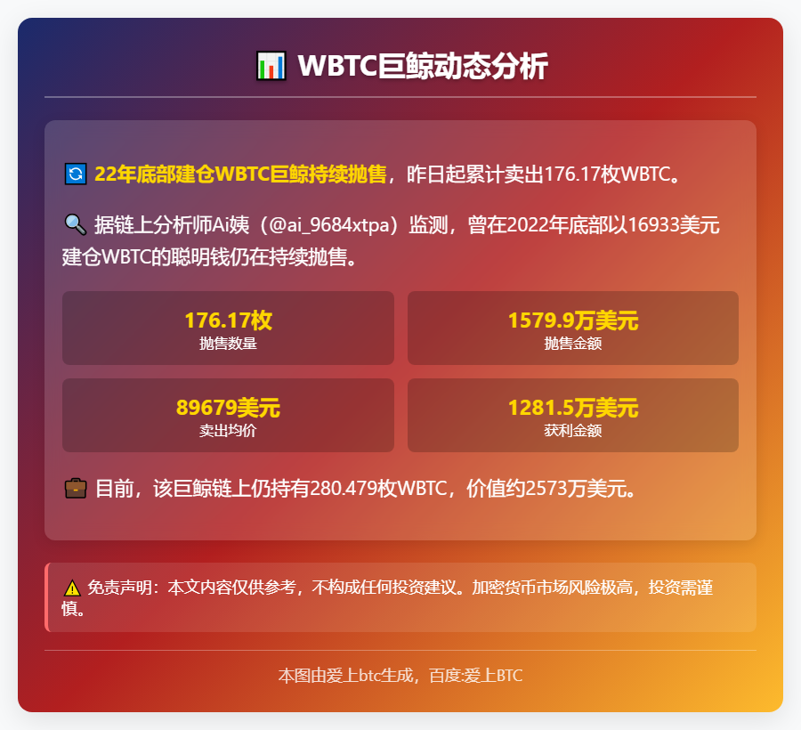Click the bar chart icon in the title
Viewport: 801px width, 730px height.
click(271, 66)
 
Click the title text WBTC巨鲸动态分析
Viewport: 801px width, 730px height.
click(423, 66)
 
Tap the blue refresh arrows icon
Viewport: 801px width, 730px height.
click(75, 174)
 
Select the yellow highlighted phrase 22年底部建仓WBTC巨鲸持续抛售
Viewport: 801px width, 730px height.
click(240, 174)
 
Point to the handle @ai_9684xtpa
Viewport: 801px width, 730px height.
click(332, 225)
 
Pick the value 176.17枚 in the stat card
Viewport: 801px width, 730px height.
click(228, 320)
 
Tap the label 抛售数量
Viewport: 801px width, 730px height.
click(228, 344)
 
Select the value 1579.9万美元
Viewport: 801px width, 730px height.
click(573, 320)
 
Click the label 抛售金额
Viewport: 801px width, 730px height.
click(573, 344)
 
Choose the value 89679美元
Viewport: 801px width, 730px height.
click(228, 408)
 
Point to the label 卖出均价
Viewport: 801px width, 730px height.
click(228, 431)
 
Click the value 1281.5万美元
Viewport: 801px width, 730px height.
click(573, 408)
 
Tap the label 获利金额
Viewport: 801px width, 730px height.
click(573, 431)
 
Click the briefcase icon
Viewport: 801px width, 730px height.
click(75, 488)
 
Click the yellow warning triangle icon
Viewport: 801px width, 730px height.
click(73, 588)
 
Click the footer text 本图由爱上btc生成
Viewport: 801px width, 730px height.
click(347, 676)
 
